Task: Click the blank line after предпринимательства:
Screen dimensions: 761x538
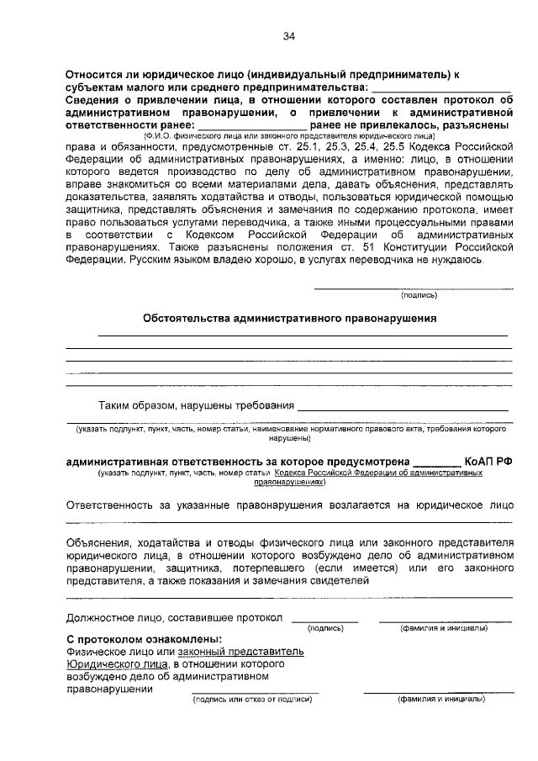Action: pos(441,87)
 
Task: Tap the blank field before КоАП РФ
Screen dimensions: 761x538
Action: pos(437,462)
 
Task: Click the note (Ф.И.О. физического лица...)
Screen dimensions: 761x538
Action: pos(288,135)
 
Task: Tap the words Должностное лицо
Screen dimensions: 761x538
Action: pos(113,618)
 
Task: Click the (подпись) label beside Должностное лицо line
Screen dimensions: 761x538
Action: pos(324,627)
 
